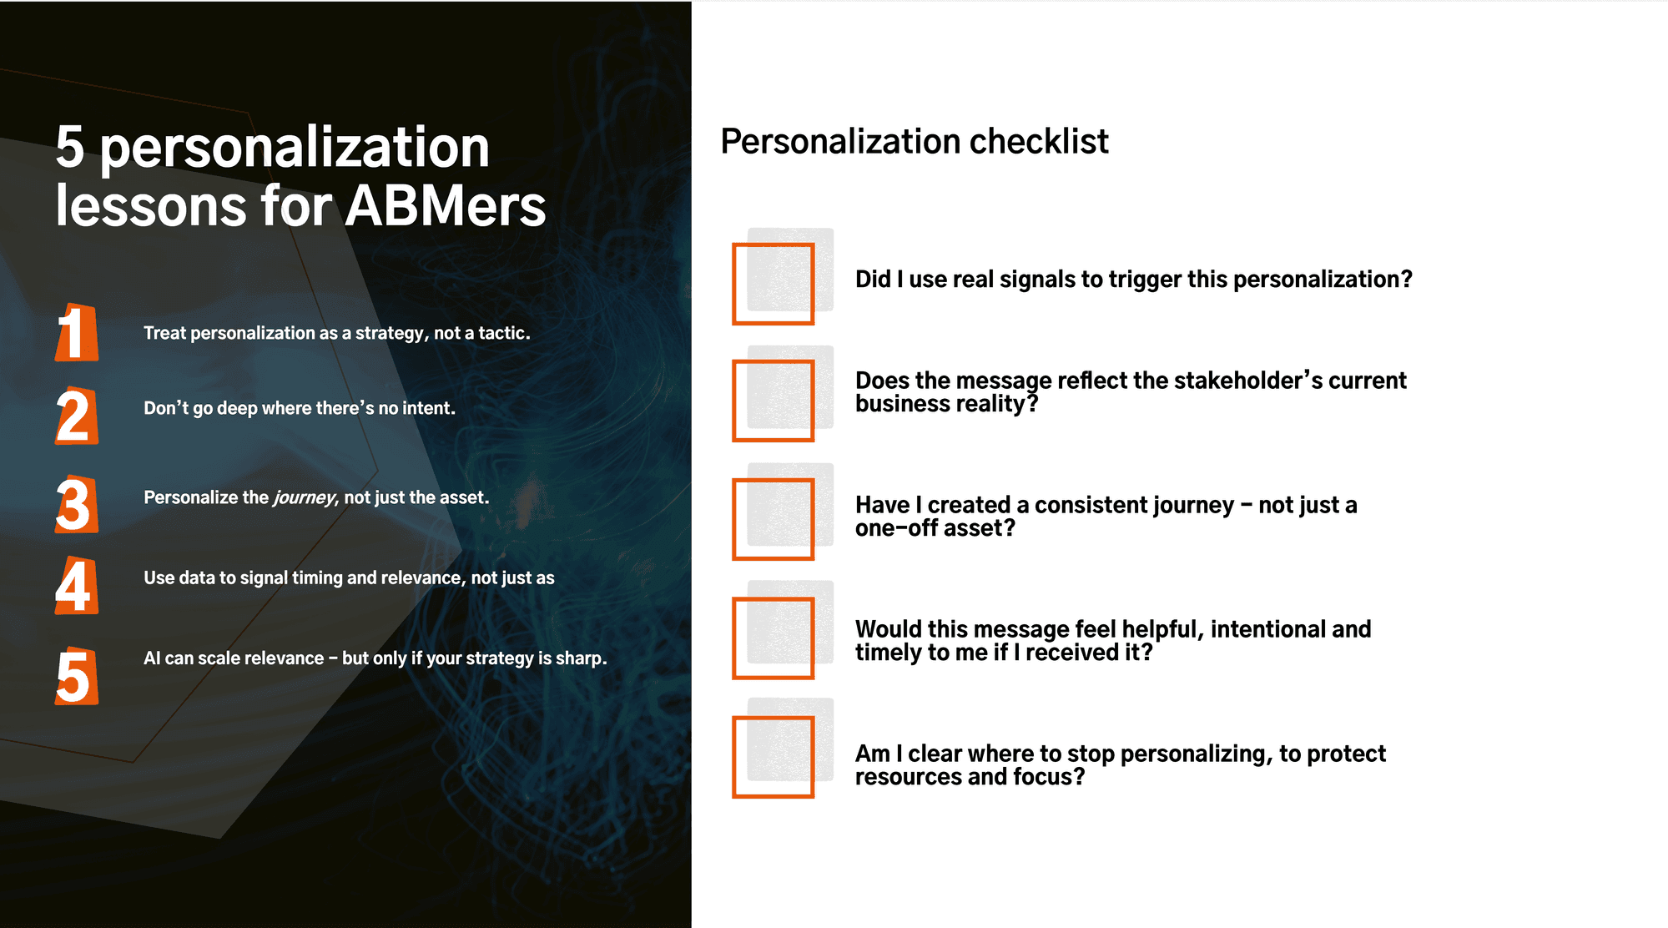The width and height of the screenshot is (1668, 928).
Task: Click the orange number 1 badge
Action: [x=76, y=332]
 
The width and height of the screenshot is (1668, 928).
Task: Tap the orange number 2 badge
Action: [x=76, y=416]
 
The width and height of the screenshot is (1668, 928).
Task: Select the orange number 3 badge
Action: [x=76, y=504]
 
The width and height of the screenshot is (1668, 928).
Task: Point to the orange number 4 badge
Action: [x=76, y=585]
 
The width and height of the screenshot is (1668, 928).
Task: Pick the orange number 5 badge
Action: [x=76, y=676]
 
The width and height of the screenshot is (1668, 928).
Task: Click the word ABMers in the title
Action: [x=446, y=205]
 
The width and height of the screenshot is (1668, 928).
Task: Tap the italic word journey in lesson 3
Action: [x=304, y=498]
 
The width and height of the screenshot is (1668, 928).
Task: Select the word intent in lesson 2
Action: [x=426, y=408]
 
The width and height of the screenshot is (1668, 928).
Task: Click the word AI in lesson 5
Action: [x=152, y=658]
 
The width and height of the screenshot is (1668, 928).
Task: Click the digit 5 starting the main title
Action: [x=70, y=148]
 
